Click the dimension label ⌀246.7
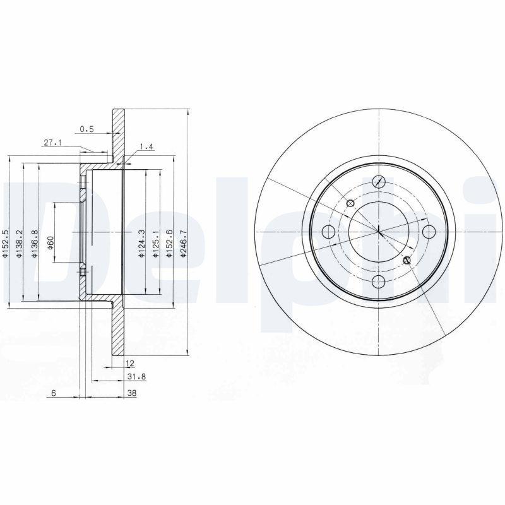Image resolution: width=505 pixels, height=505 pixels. [183, 241]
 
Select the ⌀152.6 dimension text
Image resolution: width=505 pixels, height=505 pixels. [169, 241]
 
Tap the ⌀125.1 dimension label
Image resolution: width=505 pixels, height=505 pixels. [154, 241]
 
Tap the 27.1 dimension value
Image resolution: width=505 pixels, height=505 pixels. [52, 143]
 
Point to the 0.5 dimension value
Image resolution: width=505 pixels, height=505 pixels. [87, 129]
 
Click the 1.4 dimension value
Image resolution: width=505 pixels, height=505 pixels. [146, 146]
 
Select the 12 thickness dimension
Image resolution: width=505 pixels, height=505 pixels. [129, 364]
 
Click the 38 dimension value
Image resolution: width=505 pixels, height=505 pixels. [131, 393]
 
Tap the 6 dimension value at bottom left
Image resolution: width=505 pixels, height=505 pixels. [54, 393]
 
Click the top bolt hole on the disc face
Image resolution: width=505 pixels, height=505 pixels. [379, 181]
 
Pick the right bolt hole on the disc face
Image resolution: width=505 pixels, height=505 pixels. [429, 230]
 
